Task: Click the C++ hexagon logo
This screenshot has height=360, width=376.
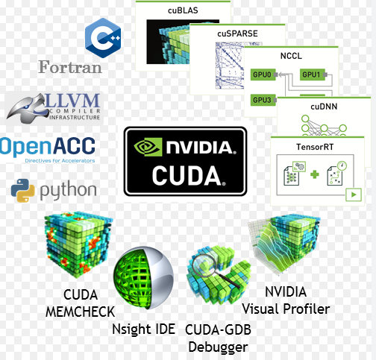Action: click(103, 38)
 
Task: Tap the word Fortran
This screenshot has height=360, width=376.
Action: click(70, 67)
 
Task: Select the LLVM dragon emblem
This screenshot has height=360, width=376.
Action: click(28, 108)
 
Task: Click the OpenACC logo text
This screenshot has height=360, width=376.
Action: click(47, 147)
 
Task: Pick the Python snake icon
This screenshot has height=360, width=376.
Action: click(23, 190)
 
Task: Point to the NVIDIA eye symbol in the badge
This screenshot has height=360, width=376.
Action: click(148, 147)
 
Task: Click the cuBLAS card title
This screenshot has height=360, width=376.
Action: click(183, 10)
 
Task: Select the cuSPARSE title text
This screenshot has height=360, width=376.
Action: click(237, 34)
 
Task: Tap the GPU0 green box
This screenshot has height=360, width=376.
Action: click(263, 75)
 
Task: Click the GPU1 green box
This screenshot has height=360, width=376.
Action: click(313, 75)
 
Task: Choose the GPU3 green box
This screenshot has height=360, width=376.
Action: click(263, 100)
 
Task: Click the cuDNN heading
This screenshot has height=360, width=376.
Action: click(324, 107)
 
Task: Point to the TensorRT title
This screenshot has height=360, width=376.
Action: click(315, 147)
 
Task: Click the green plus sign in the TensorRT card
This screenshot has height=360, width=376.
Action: click(315, 174)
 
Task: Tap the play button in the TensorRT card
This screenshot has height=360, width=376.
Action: click(354, 195)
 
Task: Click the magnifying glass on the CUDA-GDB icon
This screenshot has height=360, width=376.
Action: click(211, 267)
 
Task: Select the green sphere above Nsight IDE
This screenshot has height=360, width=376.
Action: click(143, 277)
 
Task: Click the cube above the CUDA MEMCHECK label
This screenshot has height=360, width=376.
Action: click(78, 244)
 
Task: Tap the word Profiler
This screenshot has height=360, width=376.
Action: click(307, 309)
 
